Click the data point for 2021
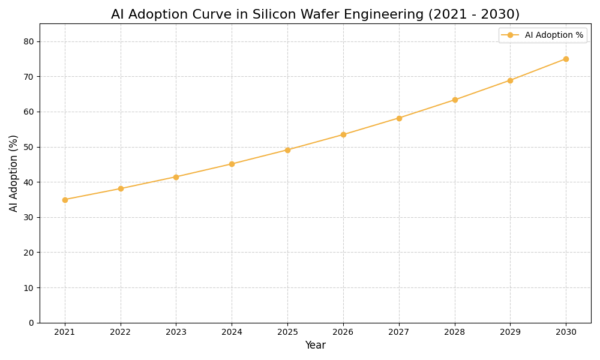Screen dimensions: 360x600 (x=65, y=200)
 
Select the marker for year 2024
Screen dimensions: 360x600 (x=232, y=164)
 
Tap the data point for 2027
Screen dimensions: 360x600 (x=399, y=118)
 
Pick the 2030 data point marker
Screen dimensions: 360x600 (x=566, y=59)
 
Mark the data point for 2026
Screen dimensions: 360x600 (x=343, y=134)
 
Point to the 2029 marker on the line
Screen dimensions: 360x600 (x=510, y=80)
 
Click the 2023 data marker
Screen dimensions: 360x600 (x=176, y=177)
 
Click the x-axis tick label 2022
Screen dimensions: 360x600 (x=121, y=332)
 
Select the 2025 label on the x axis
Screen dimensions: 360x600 (x=287, y=332)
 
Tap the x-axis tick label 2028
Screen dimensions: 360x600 (x=455, y=332)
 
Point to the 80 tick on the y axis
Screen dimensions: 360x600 (x=29, y=41)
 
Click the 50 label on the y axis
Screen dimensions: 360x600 (x=29, y=147)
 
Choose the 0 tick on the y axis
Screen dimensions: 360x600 (x=31, y=323)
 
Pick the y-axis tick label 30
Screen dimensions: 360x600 (x=29, y=217)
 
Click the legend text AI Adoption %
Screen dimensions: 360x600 (x=554, y=35)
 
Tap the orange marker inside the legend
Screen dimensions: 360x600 (x=511, y=35)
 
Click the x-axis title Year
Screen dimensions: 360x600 (x=315, y=346)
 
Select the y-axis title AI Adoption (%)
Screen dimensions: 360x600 (x=14, y=173)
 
